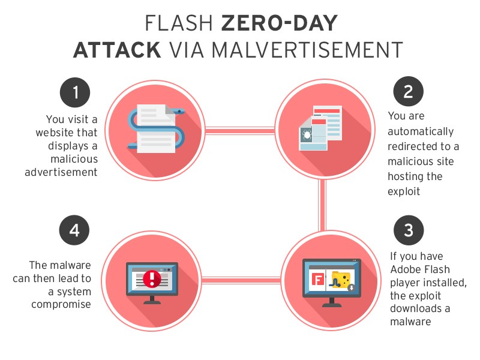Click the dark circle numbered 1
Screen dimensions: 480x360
click(x=75, y=92)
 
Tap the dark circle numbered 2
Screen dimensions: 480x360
click(x=409, y=91)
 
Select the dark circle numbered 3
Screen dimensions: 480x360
click(x=409, y=230)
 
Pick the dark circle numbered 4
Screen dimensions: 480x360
click(x=74, y=230)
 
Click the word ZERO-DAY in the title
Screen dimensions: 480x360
click(x=279, y=23)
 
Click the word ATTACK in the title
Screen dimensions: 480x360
click(x=117, y=50)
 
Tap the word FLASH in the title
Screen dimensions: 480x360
click(x=179, y=23)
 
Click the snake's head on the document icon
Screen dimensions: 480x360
click(x=178, y=111)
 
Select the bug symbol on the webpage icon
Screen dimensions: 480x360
click(x=307, y=134)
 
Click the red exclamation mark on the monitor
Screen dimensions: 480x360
click(x=152, y=279)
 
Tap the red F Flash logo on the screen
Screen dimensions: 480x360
click(x=318, y=280)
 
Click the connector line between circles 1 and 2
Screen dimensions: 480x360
click(x=240, y=131)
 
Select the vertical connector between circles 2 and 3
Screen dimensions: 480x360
click(x=322, y=205)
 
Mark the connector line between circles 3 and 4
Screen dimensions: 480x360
click(x=241, y=280)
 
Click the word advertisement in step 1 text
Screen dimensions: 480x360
click(x=61, y=172)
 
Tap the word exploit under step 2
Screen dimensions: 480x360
click(x=404, y=191)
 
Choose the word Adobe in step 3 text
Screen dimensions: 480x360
click(x=404, y=269)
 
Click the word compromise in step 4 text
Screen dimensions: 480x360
click(x=61, y=304)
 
